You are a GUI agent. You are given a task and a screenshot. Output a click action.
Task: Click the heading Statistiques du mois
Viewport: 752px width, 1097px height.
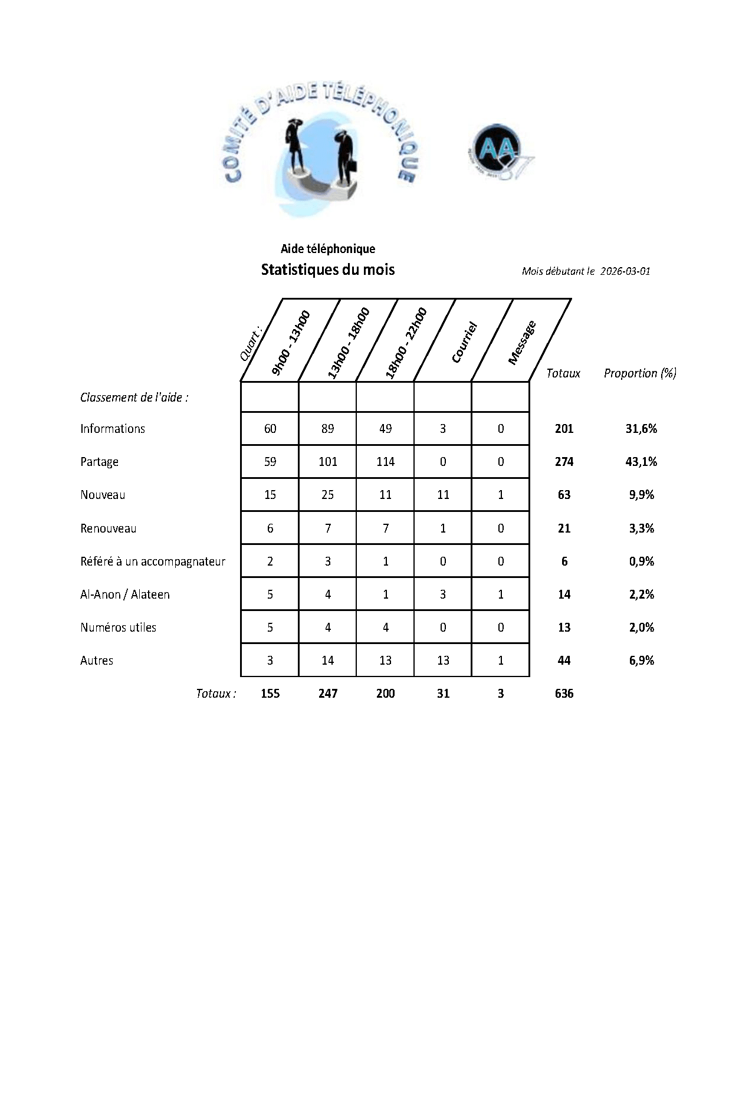[327, 270]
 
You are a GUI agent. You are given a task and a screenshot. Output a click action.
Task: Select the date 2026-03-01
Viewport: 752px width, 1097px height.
[625, 271]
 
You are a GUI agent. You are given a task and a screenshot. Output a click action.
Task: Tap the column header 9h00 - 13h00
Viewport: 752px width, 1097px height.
[290, 343]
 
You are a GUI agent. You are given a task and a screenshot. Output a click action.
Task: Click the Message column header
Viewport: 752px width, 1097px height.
[521, 343]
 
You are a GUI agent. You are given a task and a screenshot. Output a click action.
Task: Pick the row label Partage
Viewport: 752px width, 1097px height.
[99, 462]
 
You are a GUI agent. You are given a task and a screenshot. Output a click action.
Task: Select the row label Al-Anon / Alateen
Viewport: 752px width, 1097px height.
[125, 595]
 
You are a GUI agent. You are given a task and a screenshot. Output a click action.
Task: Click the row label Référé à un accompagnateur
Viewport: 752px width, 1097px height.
[153, 561]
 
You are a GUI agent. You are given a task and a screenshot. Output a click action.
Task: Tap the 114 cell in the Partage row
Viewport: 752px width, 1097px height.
[385, 462]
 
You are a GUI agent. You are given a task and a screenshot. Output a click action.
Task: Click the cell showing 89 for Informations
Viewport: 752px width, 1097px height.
[327, 429]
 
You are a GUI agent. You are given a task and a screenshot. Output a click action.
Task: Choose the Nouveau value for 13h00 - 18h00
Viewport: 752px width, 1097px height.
[327, 495]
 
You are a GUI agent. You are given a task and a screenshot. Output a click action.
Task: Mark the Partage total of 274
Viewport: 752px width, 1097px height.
[564, 462]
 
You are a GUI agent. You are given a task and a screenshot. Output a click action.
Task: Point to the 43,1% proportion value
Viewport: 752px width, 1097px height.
[641, 462]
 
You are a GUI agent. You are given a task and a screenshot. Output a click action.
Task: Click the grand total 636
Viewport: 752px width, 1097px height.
[564, 694]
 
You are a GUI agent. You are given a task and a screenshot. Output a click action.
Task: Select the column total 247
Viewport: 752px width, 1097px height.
[327, 694]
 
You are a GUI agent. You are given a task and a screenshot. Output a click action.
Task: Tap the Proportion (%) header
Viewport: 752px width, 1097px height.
[640, 373]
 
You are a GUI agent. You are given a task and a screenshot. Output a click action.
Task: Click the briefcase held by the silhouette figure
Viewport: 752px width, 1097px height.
[352, 165]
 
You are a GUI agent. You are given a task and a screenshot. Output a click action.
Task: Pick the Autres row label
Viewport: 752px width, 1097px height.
[97, 661]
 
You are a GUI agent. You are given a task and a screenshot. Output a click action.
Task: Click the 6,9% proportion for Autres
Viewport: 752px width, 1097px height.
[641, 661]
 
